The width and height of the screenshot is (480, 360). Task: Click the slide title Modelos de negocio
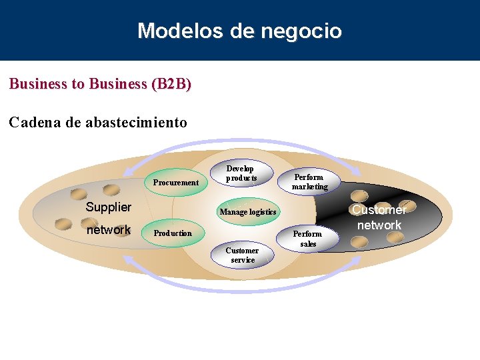click(x=239, y=31)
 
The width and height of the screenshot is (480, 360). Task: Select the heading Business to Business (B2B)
click(x=100, y=84)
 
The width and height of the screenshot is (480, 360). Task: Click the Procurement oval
click(x=176, y=182)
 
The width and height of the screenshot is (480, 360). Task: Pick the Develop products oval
click(x=241, y=173)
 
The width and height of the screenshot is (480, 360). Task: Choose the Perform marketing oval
click(x=309, y=181)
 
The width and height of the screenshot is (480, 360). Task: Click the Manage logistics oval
click(x=248, y=212)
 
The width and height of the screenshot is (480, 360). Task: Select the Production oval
click(x=173, y=233)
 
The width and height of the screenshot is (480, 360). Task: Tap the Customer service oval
click(x=243, y=255)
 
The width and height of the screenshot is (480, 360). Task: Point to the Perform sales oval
click(x=308, y=239)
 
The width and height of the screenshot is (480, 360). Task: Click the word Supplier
click(x=108, y=207)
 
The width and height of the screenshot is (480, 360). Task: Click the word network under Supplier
click(x=108, y=230)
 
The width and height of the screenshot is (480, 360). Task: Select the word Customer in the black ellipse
click(x=379, y=210)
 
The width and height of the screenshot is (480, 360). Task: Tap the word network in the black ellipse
click(x=379, y=225)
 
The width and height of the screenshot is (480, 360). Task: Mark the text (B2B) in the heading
click(x=171, y=84)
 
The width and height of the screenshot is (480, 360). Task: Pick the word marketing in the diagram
click(x=309, y=187)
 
